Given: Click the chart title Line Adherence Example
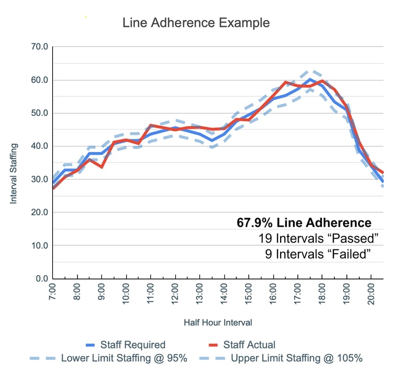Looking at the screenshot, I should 196,23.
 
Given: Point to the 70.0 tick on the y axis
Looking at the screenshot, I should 40,47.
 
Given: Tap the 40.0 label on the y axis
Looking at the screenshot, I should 40,146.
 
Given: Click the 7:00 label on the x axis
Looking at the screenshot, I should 53,295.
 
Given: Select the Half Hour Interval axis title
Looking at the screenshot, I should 218,322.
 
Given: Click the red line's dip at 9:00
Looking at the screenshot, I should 101,167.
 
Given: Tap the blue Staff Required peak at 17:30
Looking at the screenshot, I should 310,79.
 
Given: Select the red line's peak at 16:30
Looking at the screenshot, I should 285,82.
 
